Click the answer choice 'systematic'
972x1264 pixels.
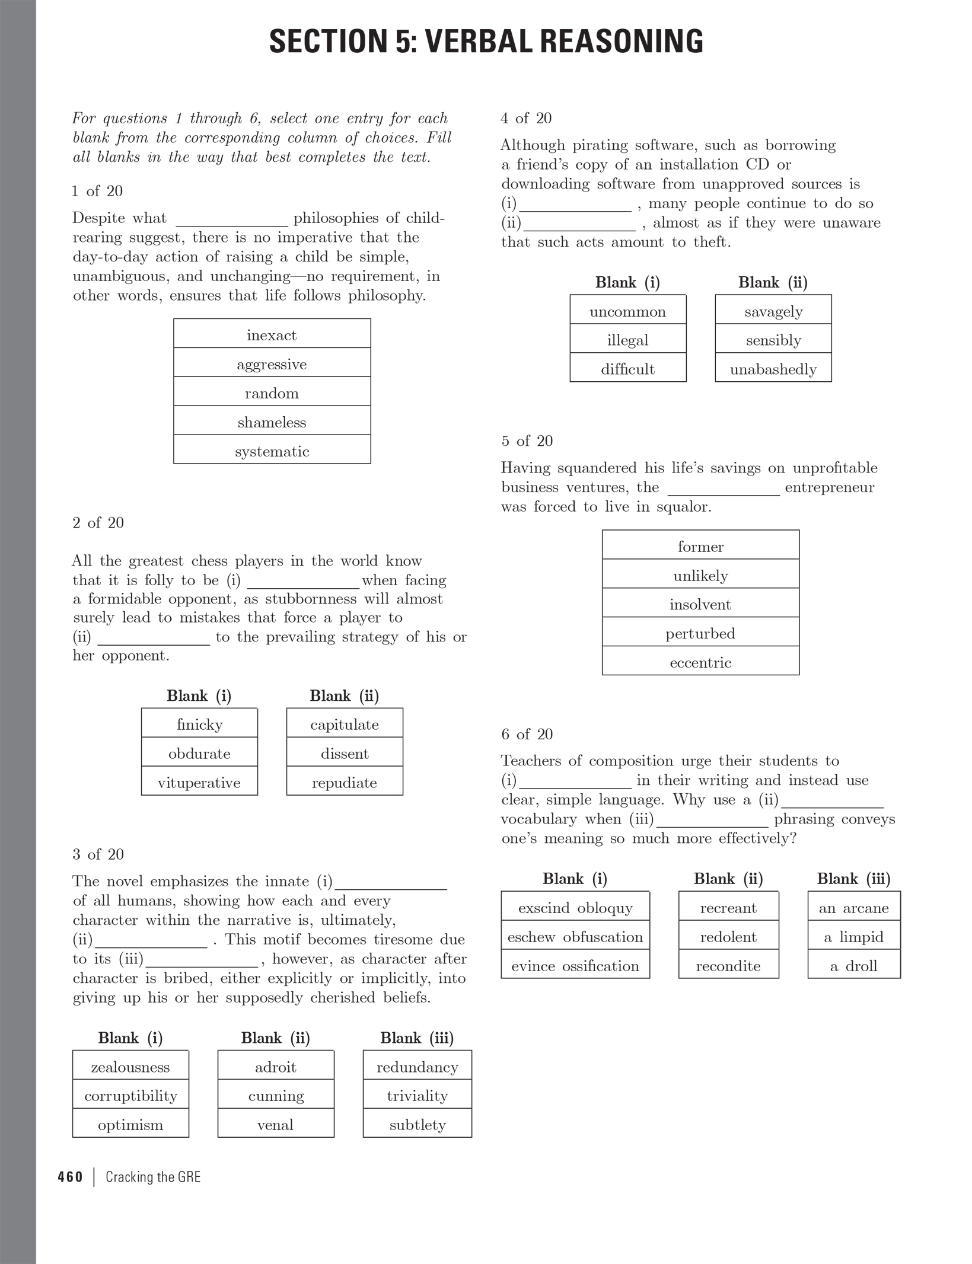coord(272,452)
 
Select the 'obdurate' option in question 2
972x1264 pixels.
coord(199,754)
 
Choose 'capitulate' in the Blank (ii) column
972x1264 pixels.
coord(345,724)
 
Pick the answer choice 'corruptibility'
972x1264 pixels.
coord(130,1096)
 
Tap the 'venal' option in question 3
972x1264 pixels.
coord(275,1125)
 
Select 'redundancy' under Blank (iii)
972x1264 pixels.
coord(417,1067)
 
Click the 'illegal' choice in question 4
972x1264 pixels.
coord(627,340)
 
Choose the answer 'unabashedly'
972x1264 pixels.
coord(773,369)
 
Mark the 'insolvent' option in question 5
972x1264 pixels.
coord(700,605)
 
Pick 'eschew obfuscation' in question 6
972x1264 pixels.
coord(575,937)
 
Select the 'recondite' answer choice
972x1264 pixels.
coord(728,966)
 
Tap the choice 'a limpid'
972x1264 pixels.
coord(853,937)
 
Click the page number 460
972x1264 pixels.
coord(71,1177)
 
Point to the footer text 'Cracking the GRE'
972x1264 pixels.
coord(153,1177)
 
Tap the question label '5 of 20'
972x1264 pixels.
coord(527,441)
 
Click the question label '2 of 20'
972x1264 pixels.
coord(98,523)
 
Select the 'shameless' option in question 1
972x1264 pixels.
coord(272,423)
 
